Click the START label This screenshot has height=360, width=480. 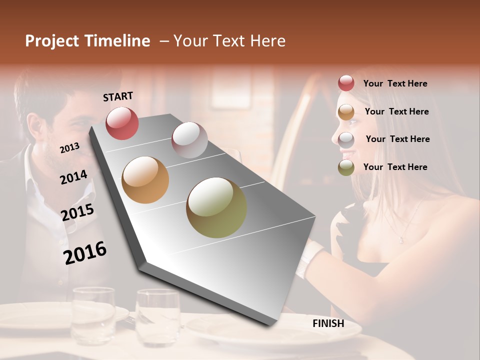point(118,96)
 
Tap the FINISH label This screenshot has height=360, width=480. point(328,323)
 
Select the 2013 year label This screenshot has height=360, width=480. point(69,148)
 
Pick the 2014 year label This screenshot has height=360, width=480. point(73,177)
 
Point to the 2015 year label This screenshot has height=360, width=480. point(77,212)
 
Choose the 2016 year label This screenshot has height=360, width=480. point(85,253)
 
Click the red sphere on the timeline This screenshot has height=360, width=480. point(122,123)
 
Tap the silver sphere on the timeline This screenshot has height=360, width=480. point(189,140)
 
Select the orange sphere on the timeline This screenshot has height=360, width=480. point(145,180)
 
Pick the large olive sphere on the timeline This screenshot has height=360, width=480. point(216,207)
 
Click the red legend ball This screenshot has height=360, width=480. point(346,83)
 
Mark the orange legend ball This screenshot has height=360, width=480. point(346,112)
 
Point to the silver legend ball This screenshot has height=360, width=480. point(346,139)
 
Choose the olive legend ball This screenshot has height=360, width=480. point(346,167)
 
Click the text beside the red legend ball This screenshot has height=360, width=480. point(395,83)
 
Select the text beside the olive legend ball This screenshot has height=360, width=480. point(395,167)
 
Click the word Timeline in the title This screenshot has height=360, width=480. point(118,41)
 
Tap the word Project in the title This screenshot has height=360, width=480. point(52,41)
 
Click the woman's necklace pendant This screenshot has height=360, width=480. point(401,240)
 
